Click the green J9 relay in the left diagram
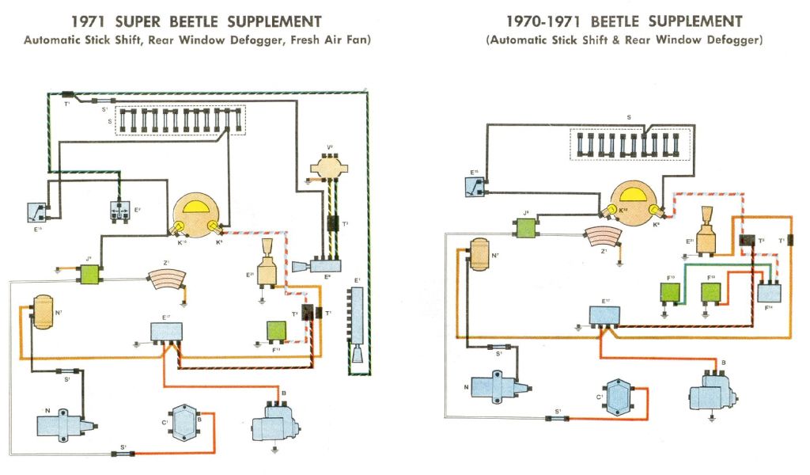click(90, 274)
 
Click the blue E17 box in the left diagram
click(167, 330)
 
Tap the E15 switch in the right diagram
click(475, 184)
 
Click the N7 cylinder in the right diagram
click(479, 256)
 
